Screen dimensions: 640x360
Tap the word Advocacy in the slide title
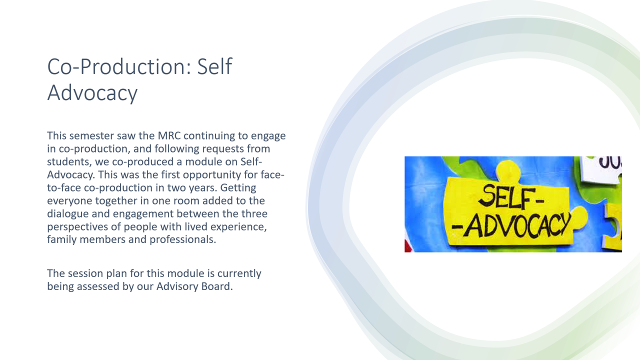[92, 93]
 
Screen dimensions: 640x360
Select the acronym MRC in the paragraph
[169, 135]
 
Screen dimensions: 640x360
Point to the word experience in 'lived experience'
[238, 227]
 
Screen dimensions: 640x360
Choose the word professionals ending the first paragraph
[183, 239]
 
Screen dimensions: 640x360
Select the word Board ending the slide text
[217, 286]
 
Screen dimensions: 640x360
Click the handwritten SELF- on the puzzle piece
[511, 196]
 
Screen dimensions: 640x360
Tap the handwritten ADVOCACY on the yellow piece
[511, 225]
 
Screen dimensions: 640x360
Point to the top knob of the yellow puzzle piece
[507, 171]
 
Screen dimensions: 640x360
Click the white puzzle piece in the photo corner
[600, 169]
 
